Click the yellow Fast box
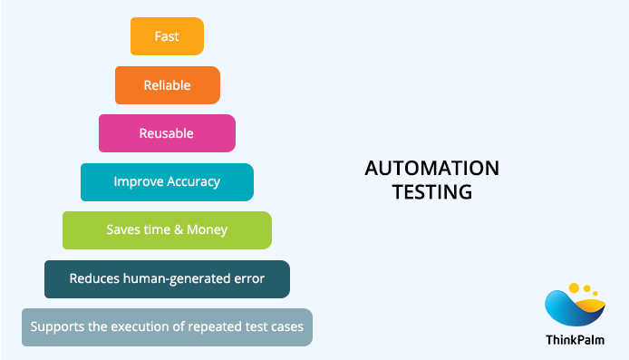167,36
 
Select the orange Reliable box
167,85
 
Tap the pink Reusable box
167,133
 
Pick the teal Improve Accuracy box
167,181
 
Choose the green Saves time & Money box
167,229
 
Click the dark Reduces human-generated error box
167,278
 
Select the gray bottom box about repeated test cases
167,326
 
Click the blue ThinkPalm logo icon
574,307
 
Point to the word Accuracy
194,181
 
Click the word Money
208,229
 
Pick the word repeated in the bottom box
216,326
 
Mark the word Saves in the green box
122,229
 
